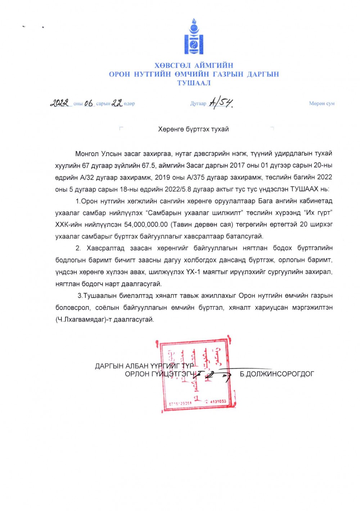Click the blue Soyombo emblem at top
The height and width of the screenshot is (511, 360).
pos(194,37)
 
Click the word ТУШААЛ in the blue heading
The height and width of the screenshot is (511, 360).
pos(194,83)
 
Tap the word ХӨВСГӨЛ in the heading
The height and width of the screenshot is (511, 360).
pos(173,65)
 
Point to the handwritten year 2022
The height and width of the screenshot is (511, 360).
pos(59,103)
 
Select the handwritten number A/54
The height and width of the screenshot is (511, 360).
pos(221,103)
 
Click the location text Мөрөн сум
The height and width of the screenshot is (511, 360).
pos(321,103)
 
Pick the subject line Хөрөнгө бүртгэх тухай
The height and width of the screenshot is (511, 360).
pos(193,129)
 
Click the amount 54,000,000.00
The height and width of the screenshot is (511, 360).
pos(146,224)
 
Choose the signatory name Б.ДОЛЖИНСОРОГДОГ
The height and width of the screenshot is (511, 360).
pos(277,374)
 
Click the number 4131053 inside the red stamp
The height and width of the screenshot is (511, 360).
pos(218,401)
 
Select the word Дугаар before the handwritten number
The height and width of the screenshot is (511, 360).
pos(198,103)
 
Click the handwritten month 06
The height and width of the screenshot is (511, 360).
pos(88,103)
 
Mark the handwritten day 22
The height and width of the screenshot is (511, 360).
pos(117,103)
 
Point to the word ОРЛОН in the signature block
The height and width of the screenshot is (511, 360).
pos(137,374)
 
